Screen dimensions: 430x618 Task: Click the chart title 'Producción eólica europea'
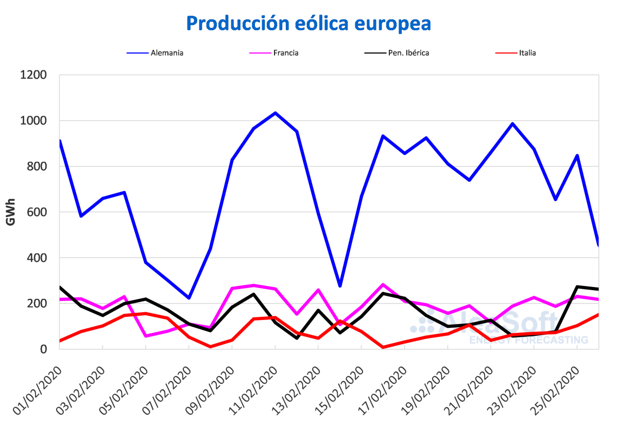[x=308, y=23]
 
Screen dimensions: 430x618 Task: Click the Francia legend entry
[x=286, y=52]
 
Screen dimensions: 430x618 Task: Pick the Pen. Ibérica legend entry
[x=408, y=52]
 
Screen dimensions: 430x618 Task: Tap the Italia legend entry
[x=527, y=52]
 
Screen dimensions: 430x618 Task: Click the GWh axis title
[x=10, y=212]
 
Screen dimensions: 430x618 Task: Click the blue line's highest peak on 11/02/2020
[x=275, y=113]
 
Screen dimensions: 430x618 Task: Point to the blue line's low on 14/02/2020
[x=340, y=286]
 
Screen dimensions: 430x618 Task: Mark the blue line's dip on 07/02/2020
[x=189, y=298]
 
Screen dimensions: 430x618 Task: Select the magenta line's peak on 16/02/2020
[x=383, y=284]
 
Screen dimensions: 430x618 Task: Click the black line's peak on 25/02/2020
[x=577, y=286]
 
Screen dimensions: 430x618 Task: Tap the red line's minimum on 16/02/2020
[x=383, y=347]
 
